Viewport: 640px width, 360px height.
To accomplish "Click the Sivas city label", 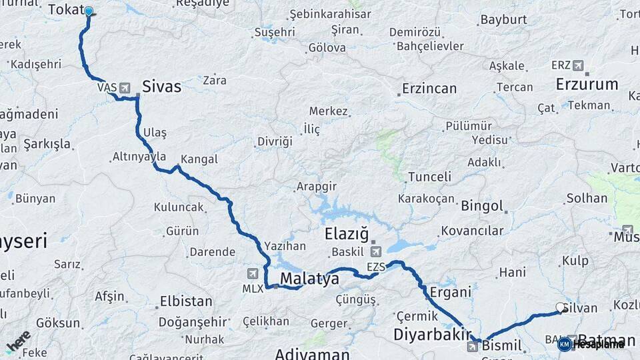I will click(x=161, y=87).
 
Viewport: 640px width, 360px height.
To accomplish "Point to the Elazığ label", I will click(x=346, y=234).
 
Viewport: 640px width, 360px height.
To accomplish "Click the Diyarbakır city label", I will click(x=433, y=334).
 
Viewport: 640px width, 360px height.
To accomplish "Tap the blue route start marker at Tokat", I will click(x=89, y=11).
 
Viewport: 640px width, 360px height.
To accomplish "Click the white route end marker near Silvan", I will click(x=560, y=307).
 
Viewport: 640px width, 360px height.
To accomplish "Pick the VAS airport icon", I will click(x=124, y=87).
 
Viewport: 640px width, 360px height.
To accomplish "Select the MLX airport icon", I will click(x=253, y=273).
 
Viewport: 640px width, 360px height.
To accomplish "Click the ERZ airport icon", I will click(x=577, y=65).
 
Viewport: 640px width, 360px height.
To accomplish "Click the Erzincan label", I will click(x=429, y=89).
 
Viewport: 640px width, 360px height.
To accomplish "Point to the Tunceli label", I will click(x=429, y=177).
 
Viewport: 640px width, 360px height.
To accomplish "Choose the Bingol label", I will click(x=482, y=205).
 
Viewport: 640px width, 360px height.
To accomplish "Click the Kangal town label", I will click(x=199, y=159).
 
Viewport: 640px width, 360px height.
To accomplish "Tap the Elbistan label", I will click(x=186, y=301).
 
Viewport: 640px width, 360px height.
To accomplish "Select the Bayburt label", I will click(x=503, y=19).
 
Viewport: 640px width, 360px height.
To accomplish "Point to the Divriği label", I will click(x=275, y=141).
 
